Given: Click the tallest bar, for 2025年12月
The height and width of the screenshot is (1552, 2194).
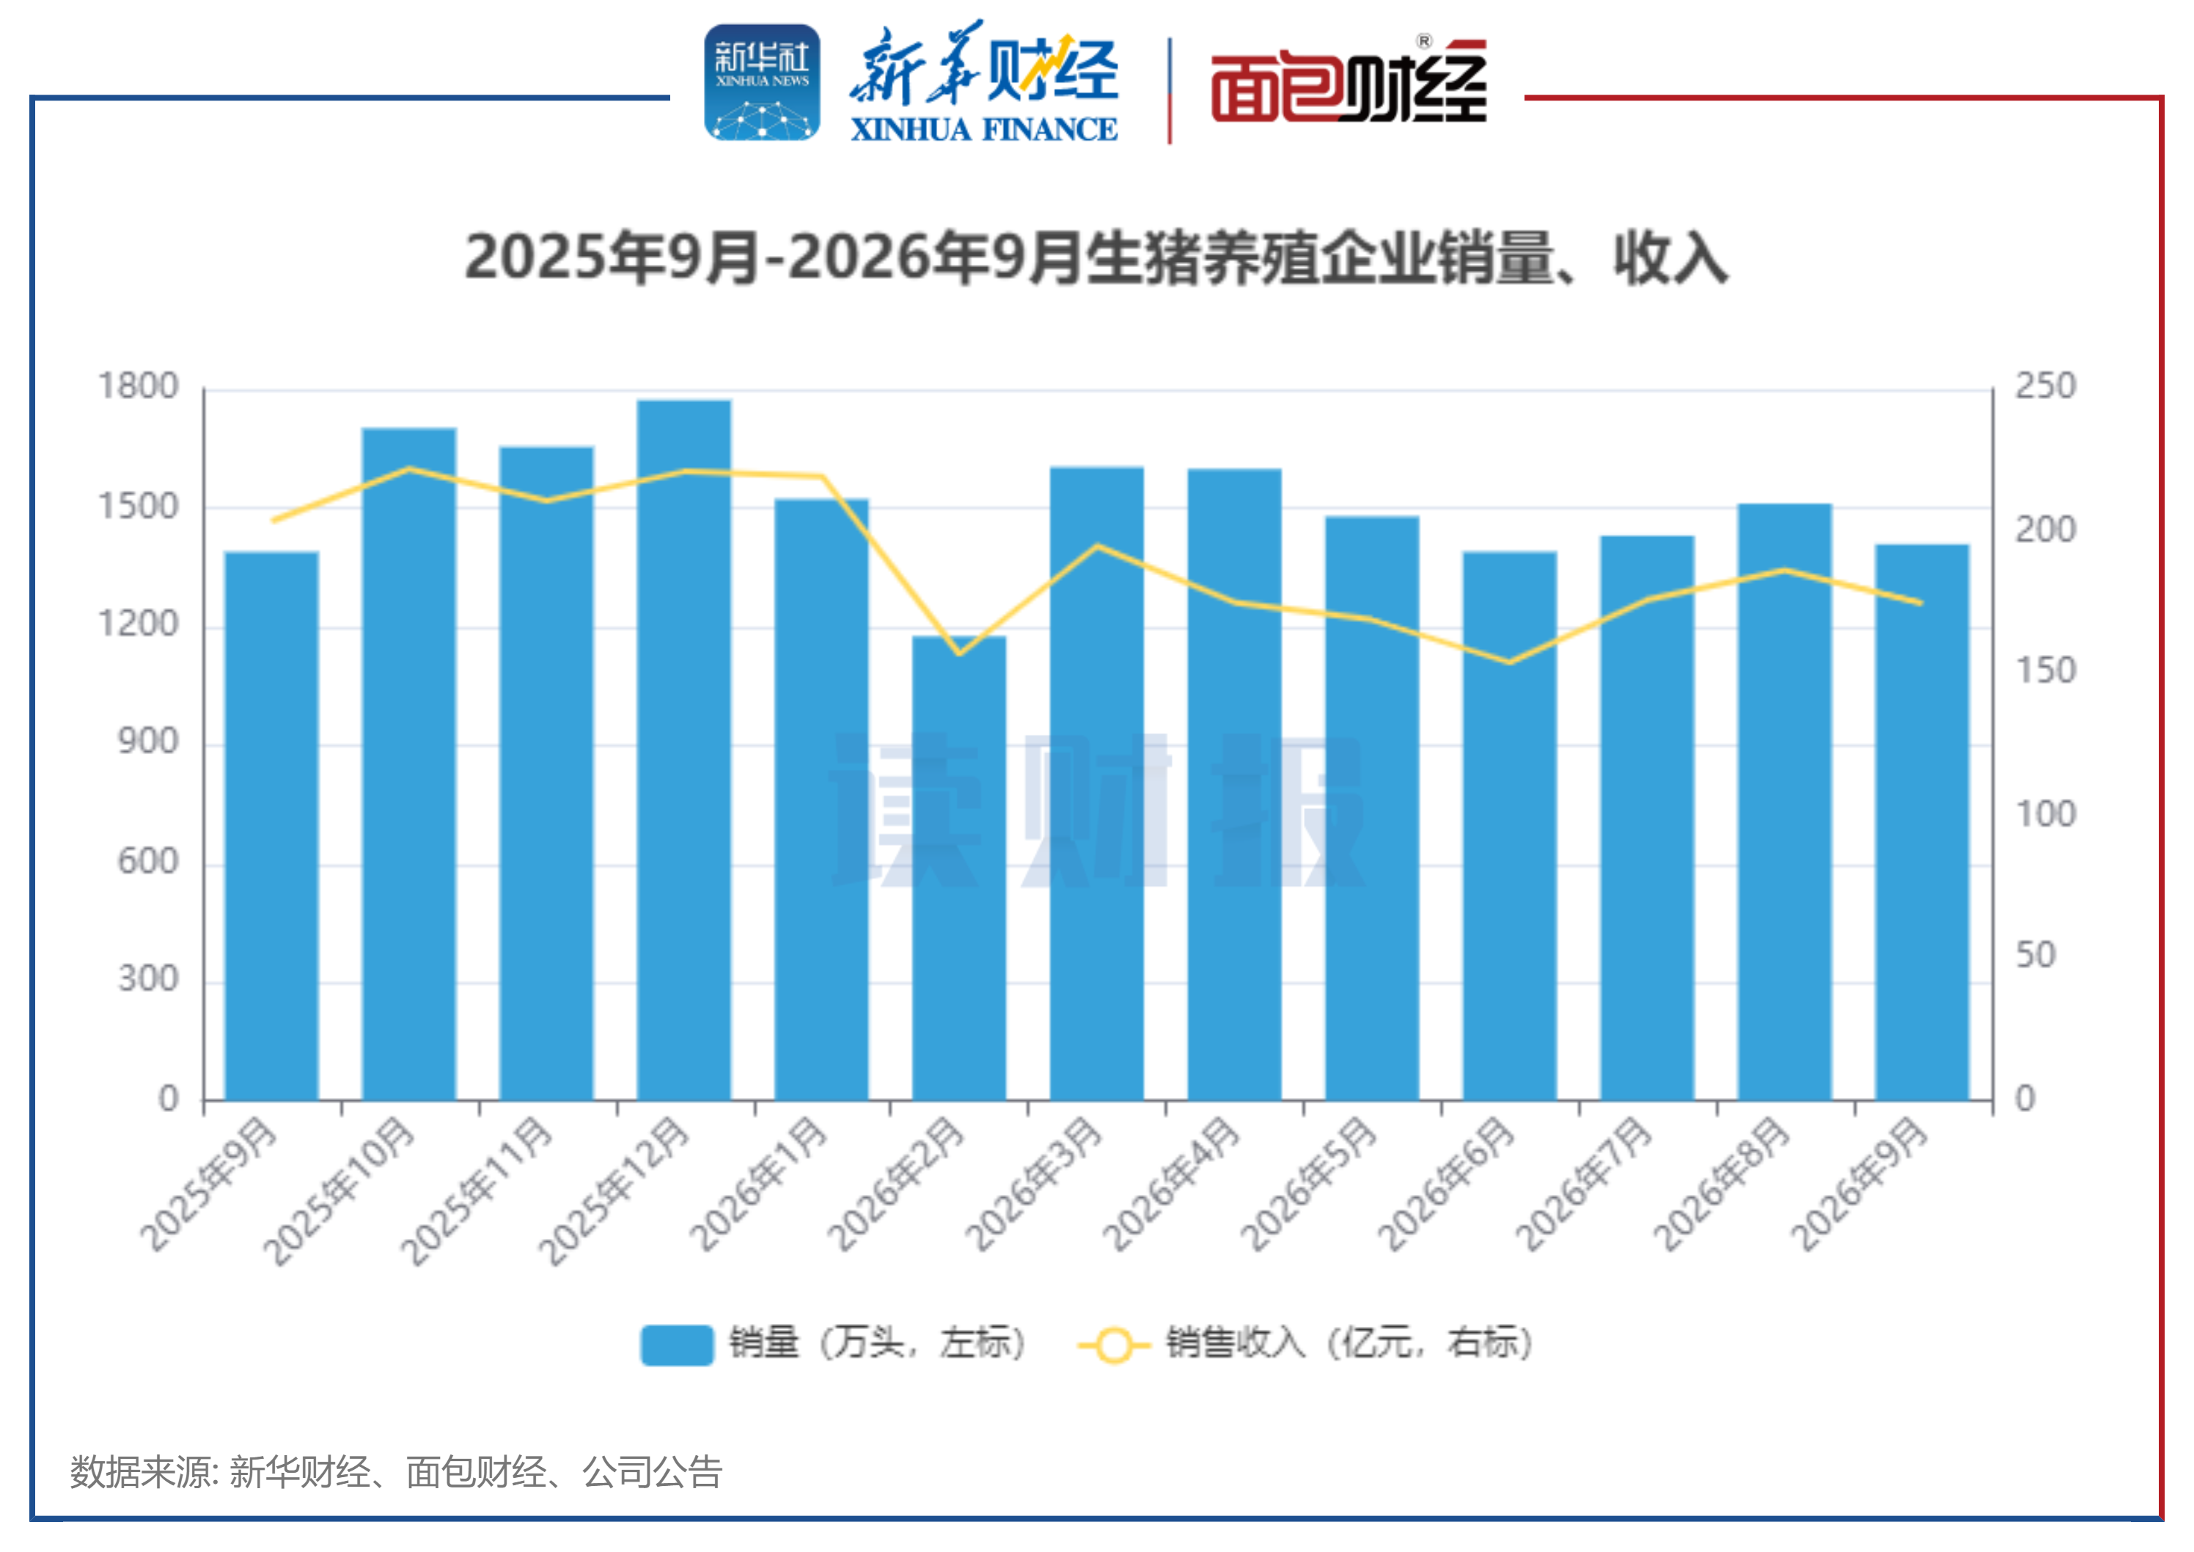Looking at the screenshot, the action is point(684,750).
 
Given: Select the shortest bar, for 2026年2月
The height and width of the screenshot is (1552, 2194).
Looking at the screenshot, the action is point(958,868).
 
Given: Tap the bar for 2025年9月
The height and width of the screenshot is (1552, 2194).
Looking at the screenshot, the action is point(271,826).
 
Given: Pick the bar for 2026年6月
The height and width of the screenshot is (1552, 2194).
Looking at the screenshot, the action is point(1510,826).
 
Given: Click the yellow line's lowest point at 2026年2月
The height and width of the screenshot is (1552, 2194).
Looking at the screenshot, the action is point(959,654).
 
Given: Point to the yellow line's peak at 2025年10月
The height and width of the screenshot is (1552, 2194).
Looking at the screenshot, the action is point(409,468).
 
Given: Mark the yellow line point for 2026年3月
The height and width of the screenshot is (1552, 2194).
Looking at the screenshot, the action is point(1097,546).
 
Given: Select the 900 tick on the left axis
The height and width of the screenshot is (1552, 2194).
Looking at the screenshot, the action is point(148,742).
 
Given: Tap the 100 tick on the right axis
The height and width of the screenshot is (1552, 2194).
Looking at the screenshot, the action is point(2046,814).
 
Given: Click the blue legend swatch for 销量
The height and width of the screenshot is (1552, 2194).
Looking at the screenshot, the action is point(677,1344).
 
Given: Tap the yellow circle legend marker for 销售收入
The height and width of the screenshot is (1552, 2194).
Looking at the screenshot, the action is point(1113,1344).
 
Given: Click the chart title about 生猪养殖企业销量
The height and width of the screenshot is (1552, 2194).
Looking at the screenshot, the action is point(1097,258).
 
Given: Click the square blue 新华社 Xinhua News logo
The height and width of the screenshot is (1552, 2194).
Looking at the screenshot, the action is point(762,82).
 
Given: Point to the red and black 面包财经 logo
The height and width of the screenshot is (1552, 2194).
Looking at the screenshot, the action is point(1349,82).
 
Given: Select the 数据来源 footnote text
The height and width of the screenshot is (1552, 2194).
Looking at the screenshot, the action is point(395,1472).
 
